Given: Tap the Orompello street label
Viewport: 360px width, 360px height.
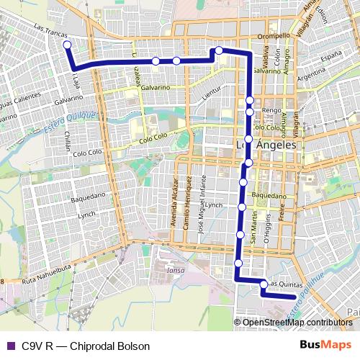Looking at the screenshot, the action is (x=274, y=36).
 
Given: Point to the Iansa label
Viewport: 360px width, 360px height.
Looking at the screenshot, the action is (x=176, y=270).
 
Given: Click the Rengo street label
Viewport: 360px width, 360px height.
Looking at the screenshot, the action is (x=271, y=110).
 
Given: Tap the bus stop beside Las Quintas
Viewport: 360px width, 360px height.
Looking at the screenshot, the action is (x=264, y=284).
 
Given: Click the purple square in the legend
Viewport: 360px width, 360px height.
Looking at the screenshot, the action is (x=10, y=346).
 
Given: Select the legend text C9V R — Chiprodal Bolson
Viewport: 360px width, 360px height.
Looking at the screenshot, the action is (x=86, y=346).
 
